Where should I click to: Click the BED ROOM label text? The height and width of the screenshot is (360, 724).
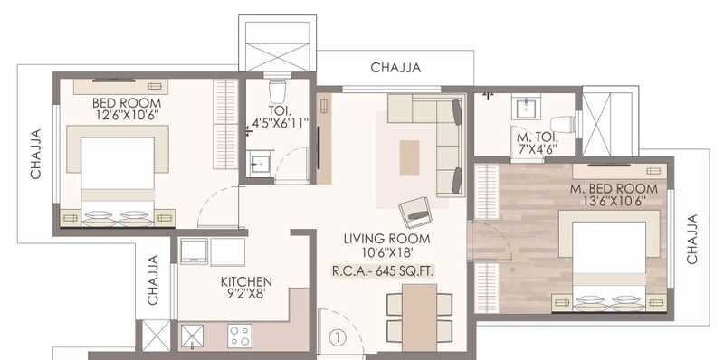pyautogui.click(x=126, y=102)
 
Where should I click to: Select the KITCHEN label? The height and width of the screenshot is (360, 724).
pyautogui.click(x=245, y=281)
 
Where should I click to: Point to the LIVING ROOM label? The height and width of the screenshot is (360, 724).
pyautogui.click(x=386, y=239)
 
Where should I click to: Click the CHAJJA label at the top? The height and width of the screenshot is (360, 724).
pyautogui.click(x=395, y=67)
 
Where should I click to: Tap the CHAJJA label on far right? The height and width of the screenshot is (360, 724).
pyautogui.click(x=692, y=239)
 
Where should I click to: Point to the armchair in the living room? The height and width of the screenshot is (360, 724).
pyautogui.click(x=414, y=212)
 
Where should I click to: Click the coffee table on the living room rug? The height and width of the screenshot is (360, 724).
pyautogui.click(x=410, y=157)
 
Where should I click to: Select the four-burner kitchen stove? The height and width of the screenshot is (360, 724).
pyautogui.click(x=241, y=336)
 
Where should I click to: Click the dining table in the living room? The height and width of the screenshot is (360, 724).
pyautogui.click(x=419, y=315)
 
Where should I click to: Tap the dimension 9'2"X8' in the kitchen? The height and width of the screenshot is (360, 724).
pyautogui.click(x=246, y=294)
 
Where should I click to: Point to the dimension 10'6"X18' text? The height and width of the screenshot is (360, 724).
pyautogui.click(x=386, y=252)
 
